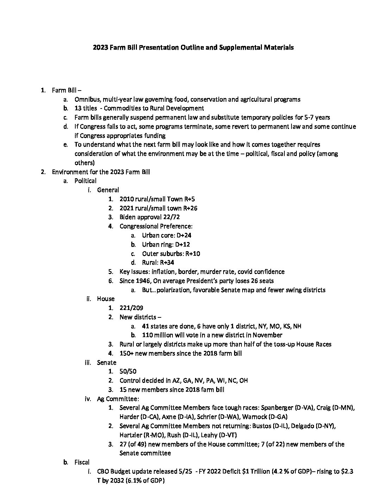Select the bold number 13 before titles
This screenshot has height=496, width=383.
click(78, 108)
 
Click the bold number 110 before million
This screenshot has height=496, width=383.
click(147, 335)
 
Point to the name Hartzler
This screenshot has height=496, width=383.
click(131, 435)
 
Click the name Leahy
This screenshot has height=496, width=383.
click(209, 435)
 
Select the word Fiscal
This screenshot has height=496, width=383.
click(82, 462)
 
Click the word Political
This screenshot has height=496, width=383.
click(85, 181)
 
